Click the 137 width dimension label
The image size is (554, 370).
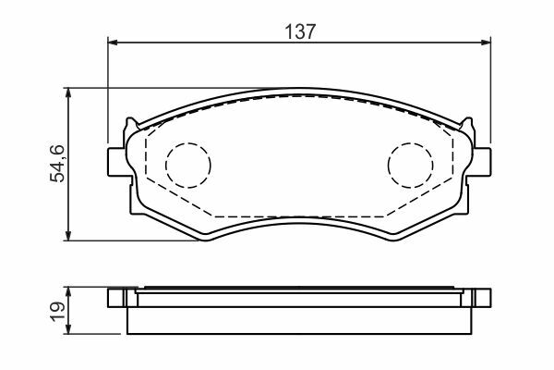[299, 31]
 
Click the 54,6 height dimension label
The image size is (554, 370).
[57, 163]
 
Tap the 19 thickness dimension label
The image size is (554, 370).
[57, 312]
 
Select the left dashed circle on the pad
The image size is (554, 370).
[188, 165]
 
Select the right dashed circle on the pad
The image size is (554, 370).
[411, 165]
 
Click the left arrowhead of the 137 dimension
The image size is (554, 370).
[112, 43]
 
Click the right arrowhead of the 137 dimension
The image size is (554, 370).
[487, 43]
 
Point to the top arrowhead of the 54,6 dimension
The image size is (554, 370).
[68, 92]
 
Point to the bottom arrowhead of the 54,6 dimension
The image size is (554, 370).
[68, 236]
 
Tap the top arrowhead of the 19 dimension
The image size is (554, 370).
[68, 292]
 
